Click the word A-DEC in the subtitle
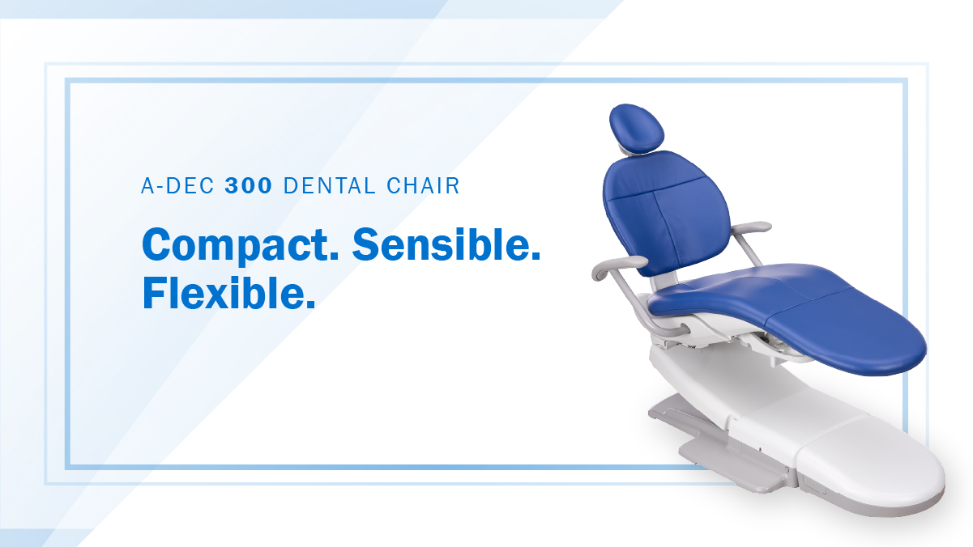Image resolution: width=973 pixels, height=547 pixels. pos(177,185)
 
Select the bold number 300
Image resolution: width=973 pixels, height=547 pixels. pos(249,185)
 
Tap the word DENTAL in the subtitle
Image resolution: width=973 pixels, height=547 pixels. pos(329,185)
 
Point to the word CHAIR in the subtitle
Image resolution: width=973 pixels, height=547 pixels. pos(423,185)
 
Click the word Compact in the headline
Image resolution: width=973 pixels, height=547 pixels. pos(240,245)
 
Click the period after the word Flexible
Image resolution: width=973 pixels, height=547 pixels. pos(311,305)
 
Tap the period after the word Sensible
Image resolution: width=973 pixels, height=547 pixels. pos(536,256)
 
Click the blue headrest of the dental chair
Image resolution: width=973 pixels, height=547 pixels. pos(637,128)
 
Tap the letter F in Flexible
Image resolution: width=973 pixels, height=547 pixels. pos(153,293)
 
